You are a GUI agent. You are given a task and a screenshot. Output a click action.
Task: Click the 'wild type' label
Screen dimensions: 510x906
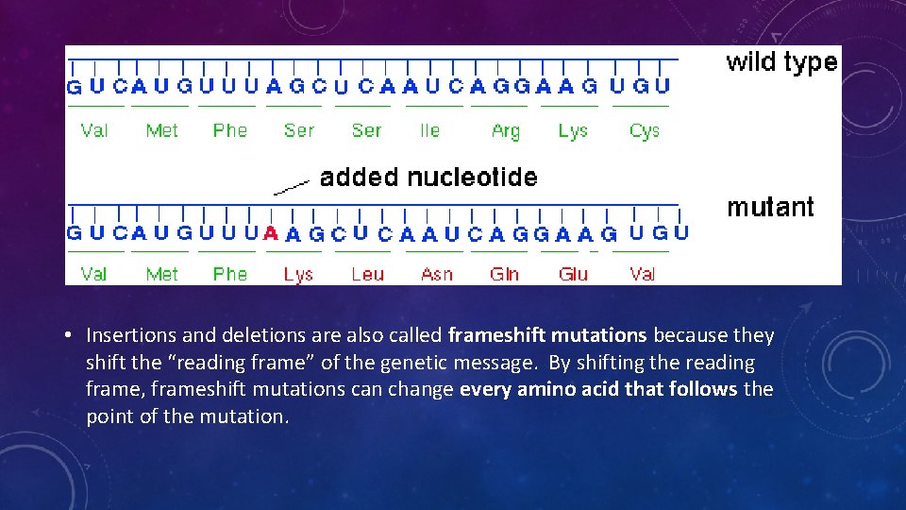[781, 62]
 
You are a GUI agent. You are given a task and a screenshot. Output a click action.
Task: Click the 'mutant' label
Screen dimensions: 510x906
[770, 207]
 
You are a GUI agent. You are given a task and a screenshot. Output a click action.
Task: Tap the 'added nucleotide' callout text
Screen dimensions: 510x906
[428, 178]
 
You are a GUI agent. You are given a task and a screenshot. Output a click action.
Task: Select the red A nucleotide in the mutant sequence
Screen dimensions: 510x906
[271, 233]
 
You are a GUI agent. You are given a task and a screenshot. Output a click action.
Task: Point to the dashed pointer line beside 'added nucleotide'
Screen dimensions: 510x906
[291, 186]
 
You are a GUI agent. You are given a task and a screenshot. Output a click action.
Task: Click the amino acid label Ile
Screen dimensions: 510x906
[429, 130]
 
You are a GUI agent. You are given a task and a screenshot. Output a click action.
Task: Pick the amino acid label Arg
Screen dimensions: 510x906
[506, 131]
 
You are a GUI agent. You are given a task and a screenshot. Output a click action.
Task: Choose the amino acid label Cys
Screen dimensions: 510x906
[644, 131]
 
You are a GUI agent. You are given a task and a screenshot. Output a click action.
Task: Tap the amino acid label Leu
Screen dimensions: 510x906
[367, 274]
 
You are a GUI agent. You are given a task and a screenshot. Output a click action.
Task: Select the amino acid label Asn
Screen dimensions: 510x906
[436, 274]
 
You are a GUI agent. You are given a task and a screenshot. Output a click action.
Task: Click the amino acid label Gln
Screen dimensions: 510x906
[504, 274]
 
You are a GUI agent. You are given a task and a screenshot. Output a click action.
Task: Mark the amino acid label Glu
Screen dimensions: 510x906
[573, 274]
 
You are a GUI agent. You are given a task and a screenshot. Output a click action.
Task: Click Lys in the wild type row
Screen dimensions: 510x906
[573, 131]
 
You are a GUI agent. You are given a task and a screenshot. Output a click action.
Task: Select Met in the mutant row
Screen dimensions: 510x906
[161, 274]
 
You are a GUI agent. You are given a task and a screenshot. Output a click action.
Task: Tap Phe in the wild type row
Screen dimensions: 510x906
[229, 130]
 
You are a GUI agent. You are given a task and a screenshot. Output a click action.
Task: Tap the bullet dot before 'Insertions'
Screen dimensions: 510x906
[71, 336]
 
